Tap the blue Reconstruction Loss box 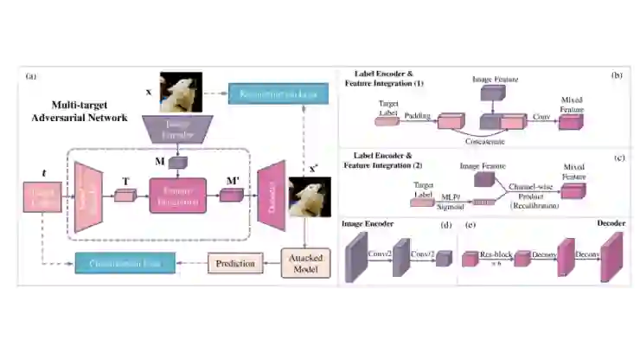[270, 93]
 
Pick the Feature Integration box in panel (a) [177, 196]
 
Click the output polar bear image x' [309, 197]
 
